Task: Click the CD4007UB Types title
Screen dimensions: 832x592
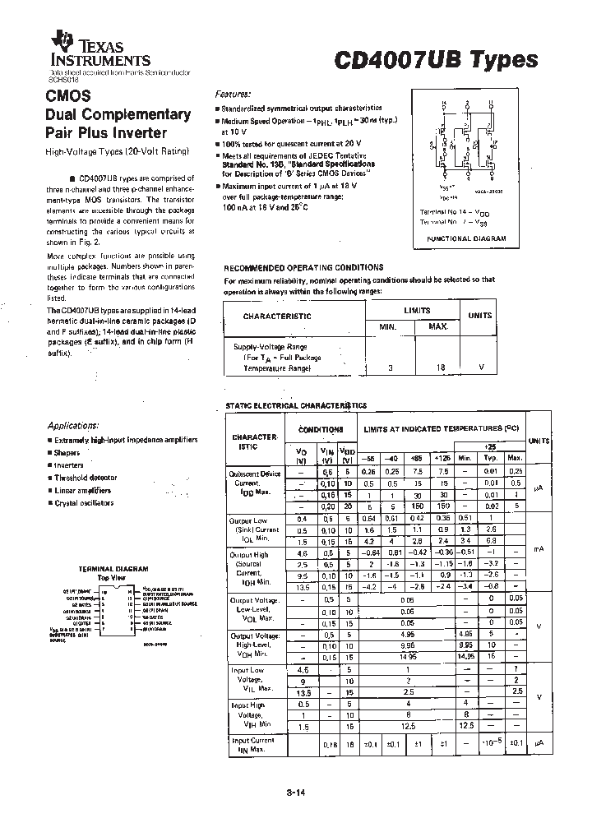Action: click(436, 59)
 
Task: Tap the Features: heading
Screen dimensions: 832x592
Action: click(234, 95)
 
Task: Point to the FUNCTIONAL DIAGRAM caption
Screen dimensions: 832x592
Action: click(466, 238)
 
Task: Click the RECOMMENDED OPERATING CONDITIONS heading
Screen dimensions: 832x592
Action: click(303, 267)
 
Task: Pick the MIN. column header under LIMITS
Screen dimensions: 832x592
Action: click(386, 327)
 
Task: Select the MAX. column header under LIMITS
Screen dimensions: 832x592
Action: click(438, 327)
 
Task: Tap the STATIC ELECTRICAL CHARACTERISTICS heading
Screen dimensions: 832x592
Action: click(295, 406)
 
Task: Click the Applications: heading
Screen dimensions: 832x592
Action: click(73, 426)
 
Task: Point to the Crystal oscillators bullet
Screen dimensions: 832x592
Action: click(84, 502)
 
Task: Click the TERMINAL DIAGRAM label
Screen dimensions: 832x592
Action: click(113, 569)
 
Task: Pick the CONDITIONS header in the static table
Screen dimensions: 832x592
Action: click(321, 430)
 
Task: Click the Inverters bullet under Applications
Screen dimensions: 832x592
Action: click(69, 465)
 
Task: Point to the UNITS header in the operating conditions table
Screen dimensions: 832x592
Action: click(480, 316)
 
